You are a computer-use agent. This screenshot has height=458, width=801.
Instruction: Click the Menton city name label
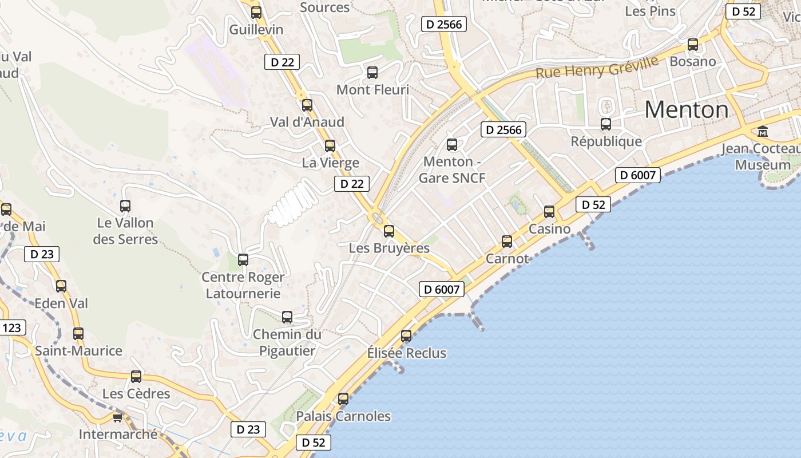pos(687,109)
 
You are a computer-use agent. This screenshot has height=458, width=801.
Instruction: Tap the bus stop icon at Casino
pos(549,212)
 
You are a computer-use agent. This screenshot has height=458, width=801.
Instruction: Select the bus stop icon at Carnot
pos(507,242)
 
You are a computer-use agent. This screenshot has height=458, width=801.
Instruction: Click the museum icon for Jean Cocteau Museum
pos(763,132)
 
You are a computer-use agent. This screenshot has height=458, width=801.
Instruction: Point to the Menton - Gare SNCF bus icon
pos(452,144)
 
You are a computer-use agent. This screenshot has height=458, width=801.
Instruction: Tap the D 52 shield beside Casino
pos(593,204)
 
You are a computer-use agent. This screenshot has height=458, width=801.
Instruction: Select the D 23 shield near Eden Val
pos(42,254)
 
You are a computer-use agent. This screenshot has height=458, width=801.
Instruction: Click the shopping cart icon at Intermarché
pos(118,417)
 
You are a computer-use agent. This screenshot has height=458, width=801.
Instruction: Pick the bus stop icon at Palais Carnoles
pos(343,398)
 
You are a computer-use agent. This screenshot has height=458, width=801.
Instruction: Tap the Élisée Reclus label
pos(406,353)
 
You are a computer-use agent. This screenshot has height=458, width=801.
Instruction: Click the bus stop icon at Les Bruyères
pos(389,231)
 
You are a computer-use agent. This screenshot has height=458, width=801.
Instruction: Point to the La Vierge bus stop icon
pos(330,145)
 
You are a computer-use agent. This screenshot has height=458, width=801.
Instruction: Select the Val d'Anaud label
pos(307,122)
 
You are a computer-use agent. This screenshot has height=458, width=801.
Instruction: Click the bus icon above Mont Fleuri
pos(372,73)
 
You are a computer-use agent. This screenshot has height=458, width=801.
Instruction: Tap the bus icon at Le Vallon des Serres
pos(125,206)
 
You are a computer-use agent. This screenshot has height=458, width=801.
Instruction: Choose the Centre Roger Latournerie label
pos(243,285)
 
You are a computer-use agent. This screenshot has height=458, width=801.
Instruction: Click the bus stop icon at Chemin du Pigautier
pos(287,317)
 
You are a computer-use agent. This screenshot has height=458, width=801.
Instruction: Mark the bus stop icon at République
pos(606,124)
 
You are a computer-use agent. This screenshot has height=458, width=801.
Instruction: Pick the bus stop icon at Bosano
pos(693,44)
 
